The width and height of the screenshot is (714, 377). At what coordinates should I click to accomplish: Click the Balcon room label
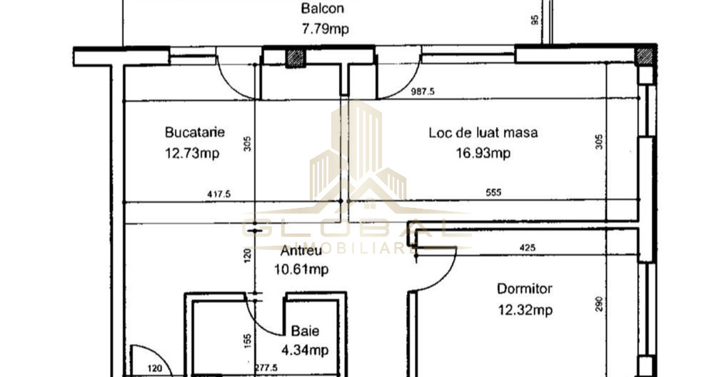(x=323, y=9)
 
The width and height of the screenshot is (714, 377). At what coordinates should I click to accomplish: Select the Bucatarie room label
(x=195, y=132)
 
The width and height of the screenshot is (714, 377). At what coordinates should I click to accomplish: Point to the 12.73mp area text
(x=192, y=153)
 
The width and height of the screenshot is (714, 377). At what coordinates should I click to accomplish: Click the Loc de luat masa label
(x=483, y=132)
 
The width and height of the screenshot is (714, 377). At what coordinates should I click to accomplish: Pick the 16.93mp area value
(x=483, y=153)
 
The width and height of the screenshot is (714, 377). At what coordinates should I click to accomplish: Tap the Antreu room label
(x=301, y=251)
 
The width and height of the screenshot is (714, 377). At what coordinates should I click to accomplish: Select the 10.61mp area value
(x=301, y=269)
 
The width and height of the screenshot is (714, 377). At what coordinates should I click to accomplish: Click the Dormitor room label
(x=525, y=289)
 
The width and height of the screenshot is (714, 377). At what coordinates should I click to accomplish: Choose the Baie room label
(x=305, y=331)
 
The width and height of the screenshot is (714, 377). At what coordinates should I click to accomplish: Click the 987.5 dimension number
(x=423, y=91)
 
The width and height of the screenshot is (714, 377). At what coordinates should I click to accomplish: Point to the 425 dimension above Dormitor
(x=528, y=248)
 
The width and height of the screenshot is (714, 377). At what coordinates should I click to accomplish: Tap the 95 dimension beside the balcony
(x=535, y=20)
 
